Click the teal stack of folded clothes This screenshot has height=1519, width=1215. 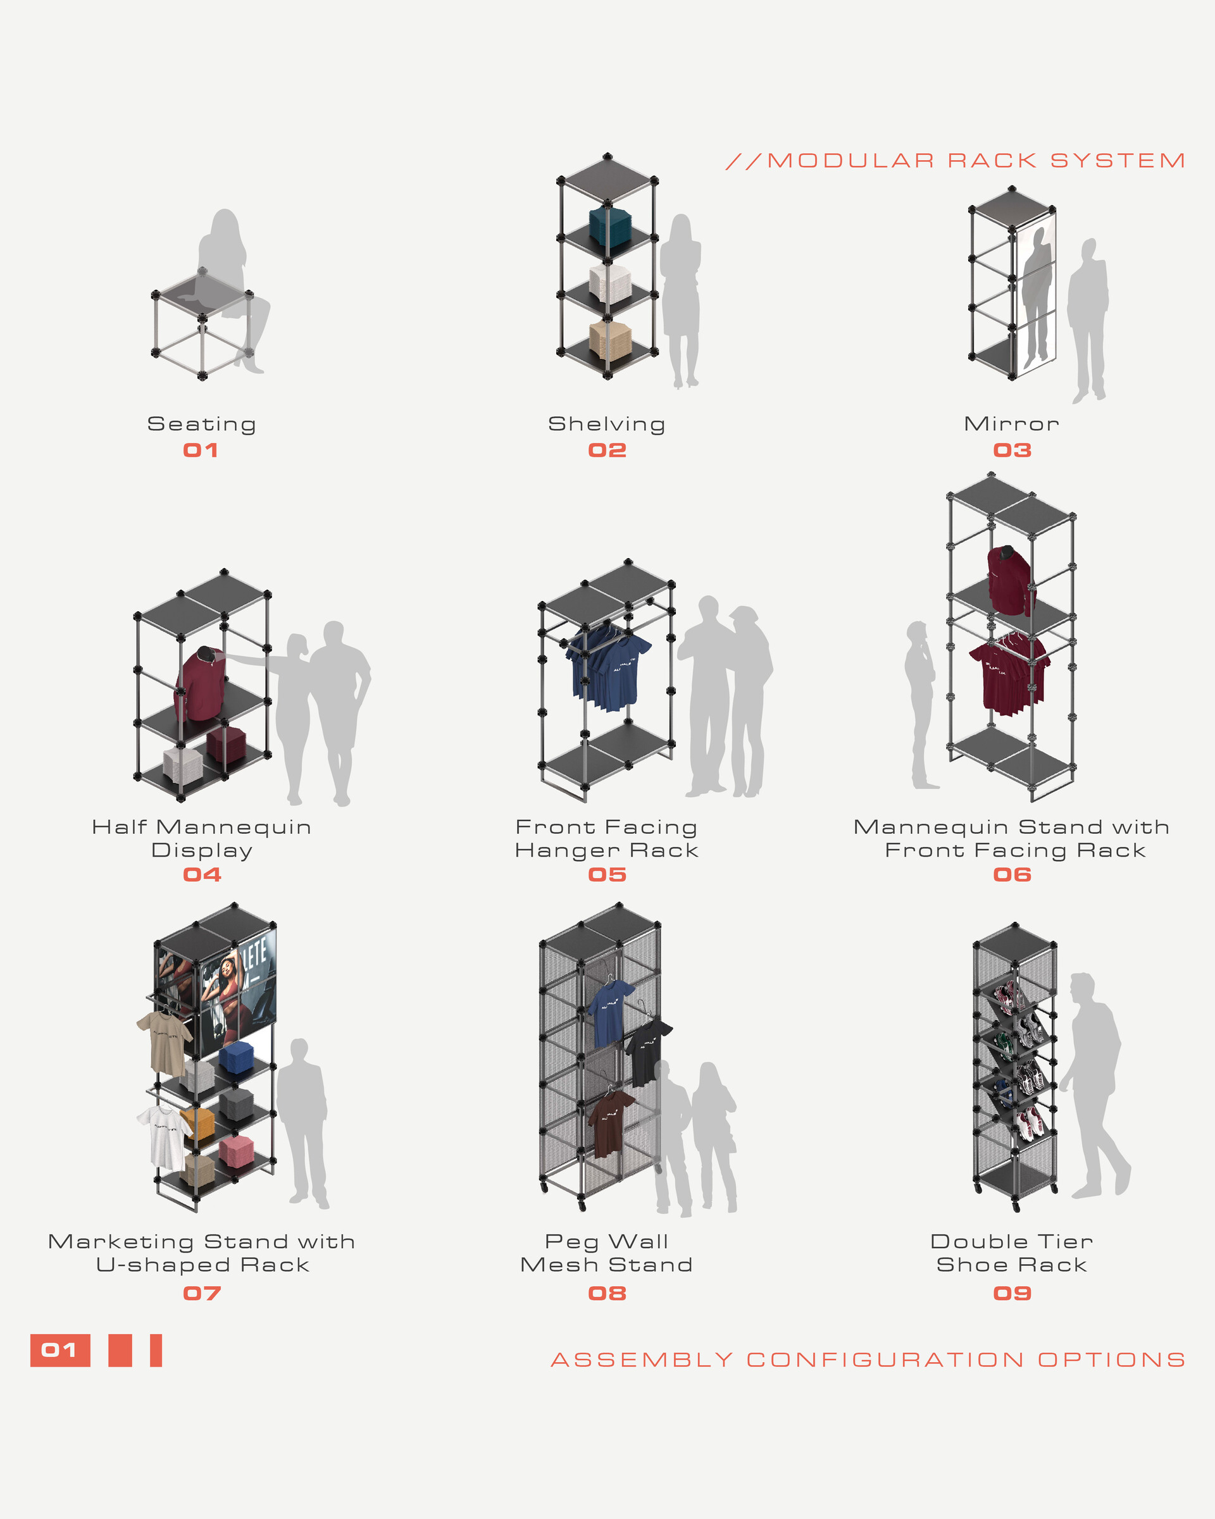pyautogui.click(x=609, y=225)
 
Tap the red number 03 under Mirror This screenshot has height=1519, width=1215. pyautogui.click(x=1012, y=450)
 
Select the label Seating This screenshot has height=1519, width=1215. pyautogui.click(x=202, y=424)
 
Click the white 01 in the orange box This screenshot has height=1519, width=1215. pyautogui.click(x=59, y=1350)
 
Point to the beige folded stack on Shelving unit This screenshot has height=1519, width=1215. pyautogui.click(x=609, y=339)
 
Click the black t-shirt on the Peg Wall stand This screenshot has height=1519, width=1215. pyautogui.click(x=645, y=1050)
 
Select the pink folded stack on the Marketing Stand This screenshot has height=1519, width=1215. pyautogui.click(x=235, y=1149)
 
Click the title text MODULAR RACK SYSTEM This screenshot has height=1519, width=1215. pyautogui.click(x=975, y=161)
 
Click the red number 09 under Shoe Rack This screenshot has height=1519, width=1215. pyautogui.click(x=1012, y=1293)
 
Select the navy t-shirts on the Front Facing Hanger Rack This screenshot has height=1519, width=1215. pyautogui.click(x=607, y=666)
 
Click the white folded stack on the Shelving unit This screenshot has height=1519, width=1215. pyautogui.click(x=609, y=282)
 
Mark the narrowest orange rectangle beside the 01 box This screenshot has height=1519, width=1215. pyautogui.click(x=156, y=1350)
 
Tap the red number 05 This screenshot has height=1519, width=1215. pyautogui.click(x=607, y=874)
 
